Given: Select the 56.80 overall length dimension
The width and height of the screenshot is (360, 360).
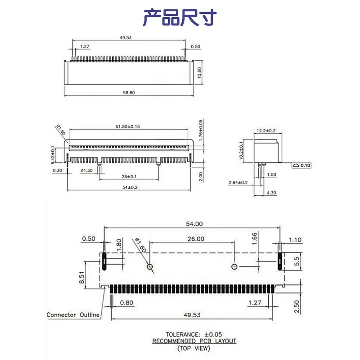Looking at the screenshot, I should click(129, 93).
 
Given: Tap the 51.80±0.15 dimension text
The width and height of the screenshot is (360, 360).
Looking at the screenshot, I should click(127, 126).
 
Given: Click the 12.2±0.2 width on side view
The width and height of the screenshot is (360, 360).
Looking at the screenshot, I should click(266, 130).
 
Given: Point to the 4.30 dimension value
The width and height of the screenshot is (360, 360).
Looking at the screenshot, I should click(272, 193).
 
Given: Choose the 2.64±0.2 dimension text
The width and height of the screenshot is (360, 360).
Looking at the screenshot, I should click(238, 182).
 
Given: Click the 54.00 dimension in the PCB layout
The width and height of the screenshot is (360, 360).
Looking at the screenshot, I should click(192, 224).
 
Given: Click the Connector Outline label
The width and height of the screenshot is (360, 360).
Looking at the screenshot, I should click(73, 315).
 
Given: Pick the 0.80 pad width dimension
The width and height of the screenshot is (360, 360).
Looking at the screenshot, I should click(126, 303).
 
